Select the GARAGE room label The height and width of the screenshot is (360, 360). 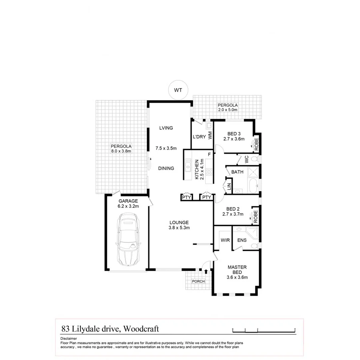pyautogui.click(x=128, y=201)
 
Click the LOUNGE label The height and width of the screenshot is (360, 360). pyautogui.click(x=179, y=222)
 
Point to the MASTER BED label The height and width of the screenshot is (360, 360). pyautogui.click(x=237, y=270)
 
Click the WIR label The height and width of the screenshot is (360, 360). pyautogui.click(x=224, y=240)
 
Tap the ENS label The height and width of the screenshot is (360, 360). pyautogui.click(x=242, y=240)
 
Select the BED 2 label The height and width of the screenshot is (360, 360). pyautogui.click(x=233, y=209)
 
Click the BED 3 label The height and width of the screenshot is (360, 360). pyautogui.click(x=234, y=134)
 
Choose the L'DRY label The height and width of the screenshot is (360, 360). pyautogui.click(x=199, y=137)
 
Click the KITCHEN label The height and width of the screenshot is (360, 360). pyautogui.click(x=197, y=170)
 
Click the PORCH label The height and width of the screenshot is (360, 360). pyautogui.click(x=198, y=281)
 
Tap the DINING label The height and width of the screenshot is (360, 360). pyautogui.click(x=166, y=168)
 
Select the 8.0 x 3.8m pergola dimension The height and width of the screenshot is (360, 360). pyautogui.click(x=121, y=151)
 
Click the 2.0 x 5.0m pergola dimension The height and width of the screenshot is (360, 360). pyautogui.click(x=228, y=110)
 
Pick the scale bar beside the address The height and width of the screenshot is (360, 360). pyautogui.click(x=264, y=330)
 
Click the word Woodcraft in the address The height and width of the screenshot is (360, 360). pyautogui.click(x=142, y=329)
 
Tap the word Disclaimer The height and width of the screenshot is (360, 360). pyautogui.click(x=68, y=338)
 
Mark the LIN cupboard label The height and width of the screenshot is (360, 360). pyautogui.click(x=229, y=187)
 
